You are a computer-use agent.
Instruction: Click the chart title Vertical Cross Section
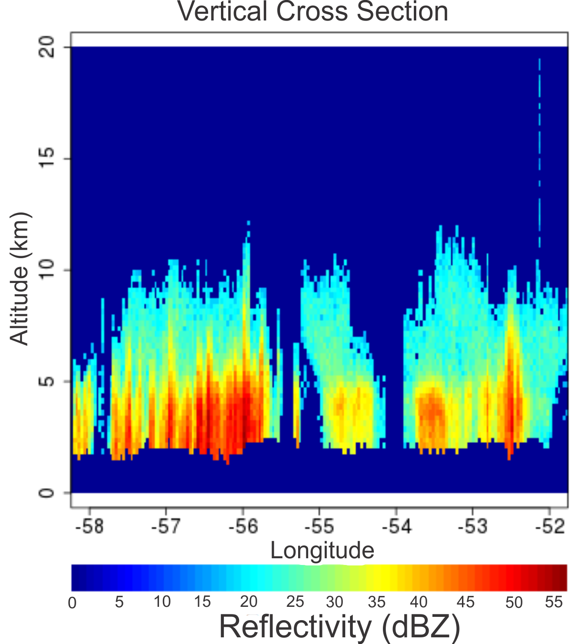(313, 11)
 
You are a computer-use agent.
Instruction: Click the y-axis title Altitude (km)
(20, 278)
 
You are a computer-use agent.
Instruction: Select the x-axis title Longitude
(322, 550)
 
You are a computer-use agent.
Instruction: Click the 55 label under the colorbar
(554, 602)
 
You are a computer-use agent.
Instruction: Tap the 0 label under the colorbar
(72, 603)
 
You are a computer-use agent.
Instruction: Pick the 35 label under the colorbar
(377, 602)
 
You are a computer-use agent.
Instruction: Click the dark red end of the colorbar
(562, 577)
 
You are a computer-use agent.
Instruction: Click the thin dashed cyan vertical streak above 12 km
(540, 143)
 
